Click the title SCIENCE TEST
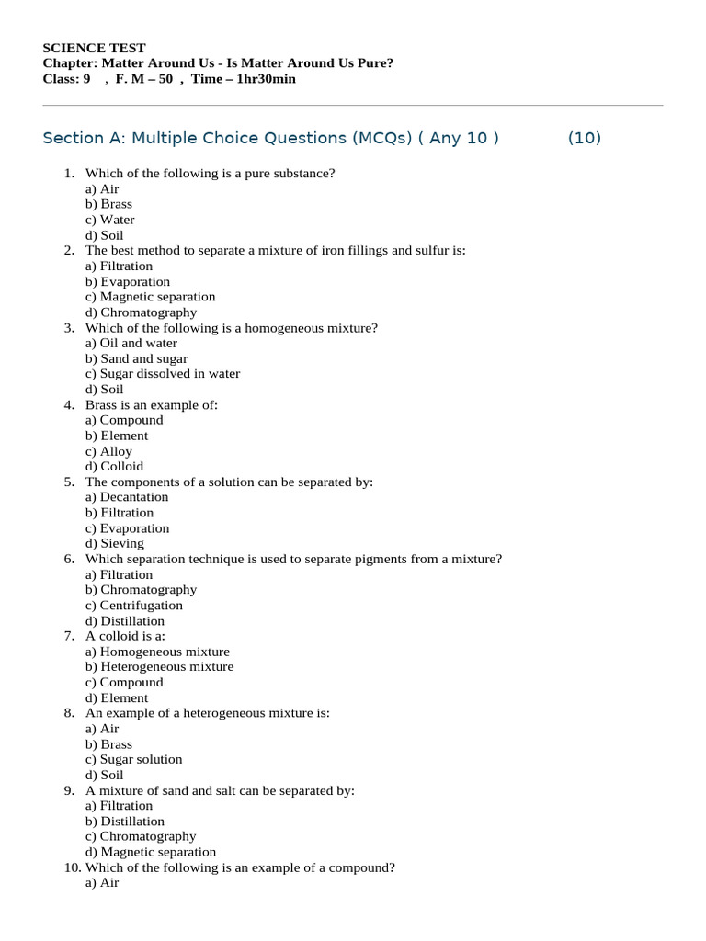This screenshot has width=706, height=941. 94,48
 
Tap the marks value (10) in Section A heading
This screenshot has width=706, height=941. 584,138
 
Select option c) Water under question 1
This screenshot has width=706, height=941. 109,220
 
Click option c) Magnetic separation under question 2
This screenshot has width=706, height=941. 150,297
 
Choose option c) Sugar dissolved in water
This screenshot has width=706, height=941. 162,374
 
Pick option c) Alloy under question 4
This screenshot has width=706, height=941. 108,451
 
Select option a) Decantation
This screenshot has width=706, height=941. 127,497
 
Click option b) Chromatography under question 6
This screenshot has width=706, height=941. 141,590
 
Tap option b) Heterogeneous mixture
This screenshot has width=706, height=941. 159,667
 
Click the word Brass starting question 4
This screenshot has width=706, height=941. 102,405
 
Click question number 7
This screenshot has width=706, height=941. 70,636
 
